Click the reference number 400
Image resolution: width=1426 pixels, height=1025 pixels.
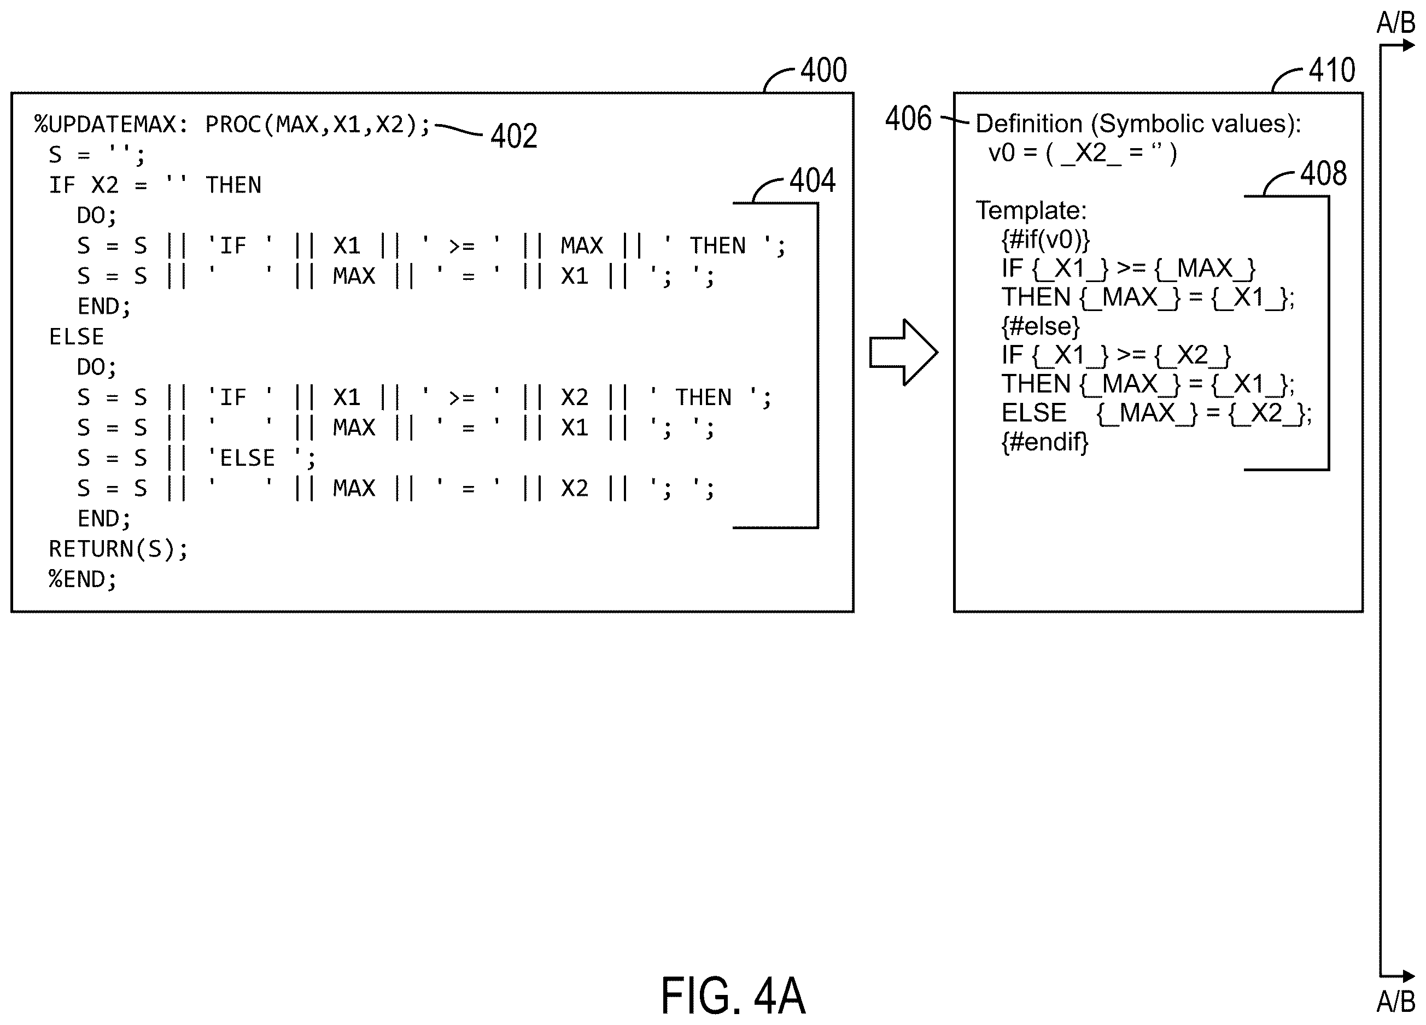[823, 70]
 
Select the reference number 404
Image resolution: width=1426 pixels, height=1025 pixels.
[813, 180]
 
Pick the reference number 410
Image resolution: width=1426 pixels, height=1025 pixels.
[1332, 70]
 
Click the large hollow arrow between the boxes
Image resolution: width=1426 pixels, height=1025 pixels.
[903, 353]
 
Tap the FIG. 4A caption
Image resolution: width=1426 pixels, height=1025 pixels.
[733, 996]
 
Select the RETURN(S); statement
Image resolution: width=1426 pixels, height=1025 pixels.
[118, 549]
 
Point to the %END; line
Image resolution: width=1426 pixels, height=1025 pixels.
[83, 579]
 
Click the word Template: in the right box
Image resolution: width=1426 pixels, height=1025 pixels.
[1031, 210]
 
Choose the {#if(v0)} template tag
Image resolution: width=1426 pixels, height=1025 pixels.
[1045, 239]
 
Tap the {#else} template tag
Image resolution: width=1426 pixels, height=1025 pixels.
[1041, 326]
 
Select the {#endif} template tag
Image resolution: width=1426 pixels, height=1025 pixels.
[1045, 442]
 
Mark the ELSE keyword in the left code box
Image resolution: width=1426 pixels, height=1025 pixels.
[76, 337]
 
